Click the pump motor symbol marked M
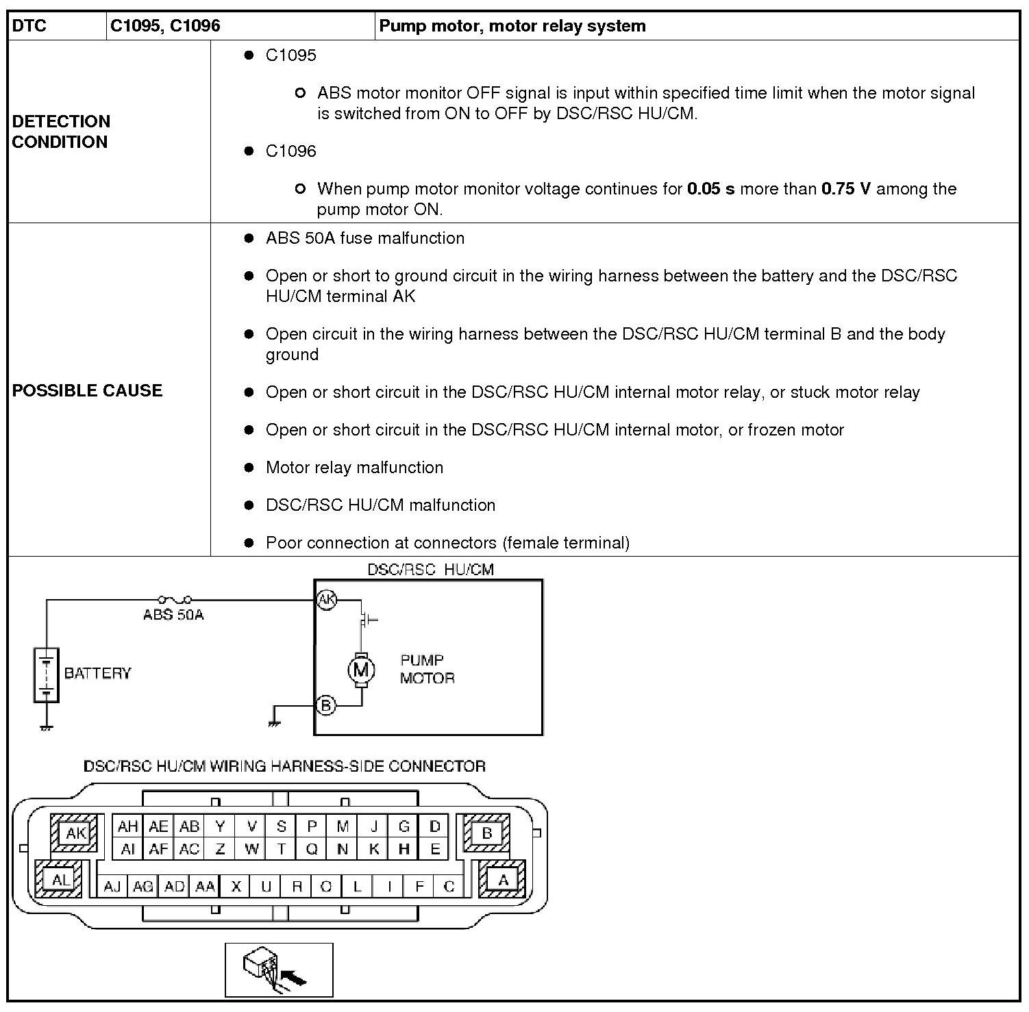click(360, 670)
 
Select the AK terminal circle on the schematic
click(326, 600)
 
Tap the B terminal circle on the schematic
click(326, 705)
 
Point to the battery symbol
click(46, 674)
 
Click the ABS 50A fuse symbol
click(175, 600)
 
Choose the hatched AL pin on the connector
click(60, 880)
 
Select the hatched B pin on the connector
click(486, 833)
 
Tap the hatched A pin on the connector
click(503, 880)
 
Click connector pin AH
click(128, 826)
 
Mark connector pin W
click(251, 849)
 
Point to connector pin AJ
click(112, 887)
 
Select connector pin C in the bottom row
click(449, 887)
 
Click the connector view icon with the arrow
click(279, 970)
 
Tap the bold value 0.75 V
click(846, 189)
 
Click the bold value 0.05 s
click(710, 189)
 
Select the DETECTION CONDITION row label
click(61, 131)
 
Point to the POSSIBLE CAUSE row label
click(87, 390)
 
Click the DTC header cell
click(29, 26)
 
